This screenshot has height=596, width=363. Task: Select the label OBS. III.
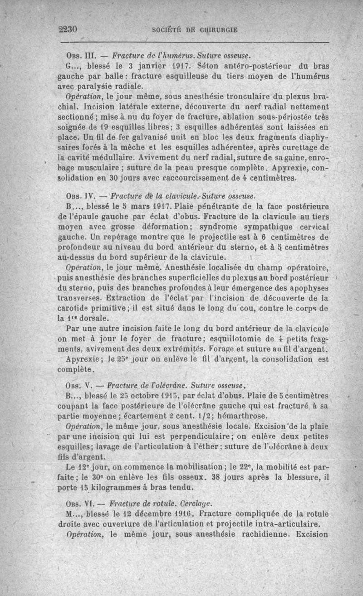[x=78, y=56]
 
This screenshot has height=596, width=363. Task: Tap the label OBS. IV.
[x=78, y=196]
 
